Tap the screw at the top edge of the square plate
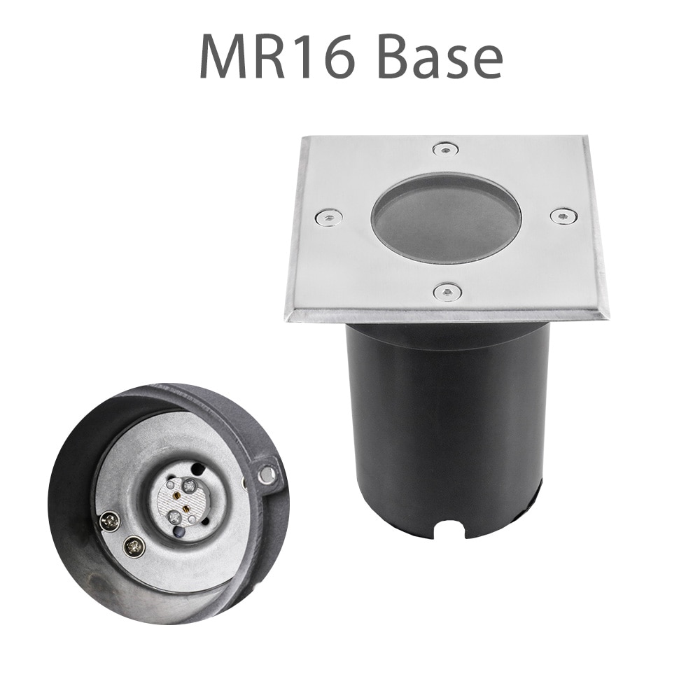(445, 149)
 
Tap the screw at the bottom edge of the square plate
(447, 292)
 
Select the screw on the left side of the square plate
(328, 217)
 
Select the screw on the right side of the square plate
(563, 216)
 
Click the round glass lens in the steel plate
(447, 218)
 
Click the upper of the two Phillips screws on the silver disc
(111, 520)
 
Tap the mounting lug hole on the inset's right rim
(267, 476)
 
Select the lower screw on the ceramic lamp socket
(174, 519)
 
